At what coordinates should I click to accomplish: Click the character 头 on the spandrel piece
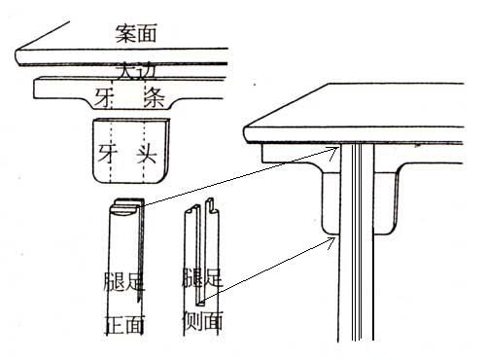pos(147,153)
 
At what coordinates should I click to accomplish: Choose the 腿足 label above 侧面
pos(202,278)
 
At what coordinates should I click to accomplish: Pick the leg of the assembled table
pos(359,272)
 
